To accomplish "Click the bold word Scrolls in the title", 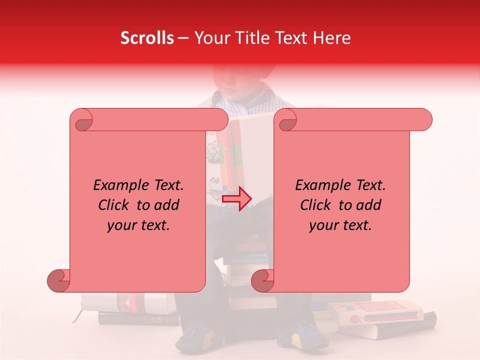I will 147,38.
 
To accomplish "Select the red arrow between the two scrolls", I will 236,199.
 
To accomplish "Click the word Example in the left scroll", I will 118,185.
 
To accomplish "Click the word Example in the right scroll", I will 320,185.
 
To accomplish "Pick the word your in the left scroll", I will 121,225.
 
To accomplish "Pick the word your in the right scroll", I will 323,225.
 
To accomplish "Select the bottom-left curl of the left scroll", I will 58,280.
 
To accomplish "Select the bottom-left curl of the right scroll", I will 262,280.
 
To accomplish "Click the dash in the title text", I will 183,38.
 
